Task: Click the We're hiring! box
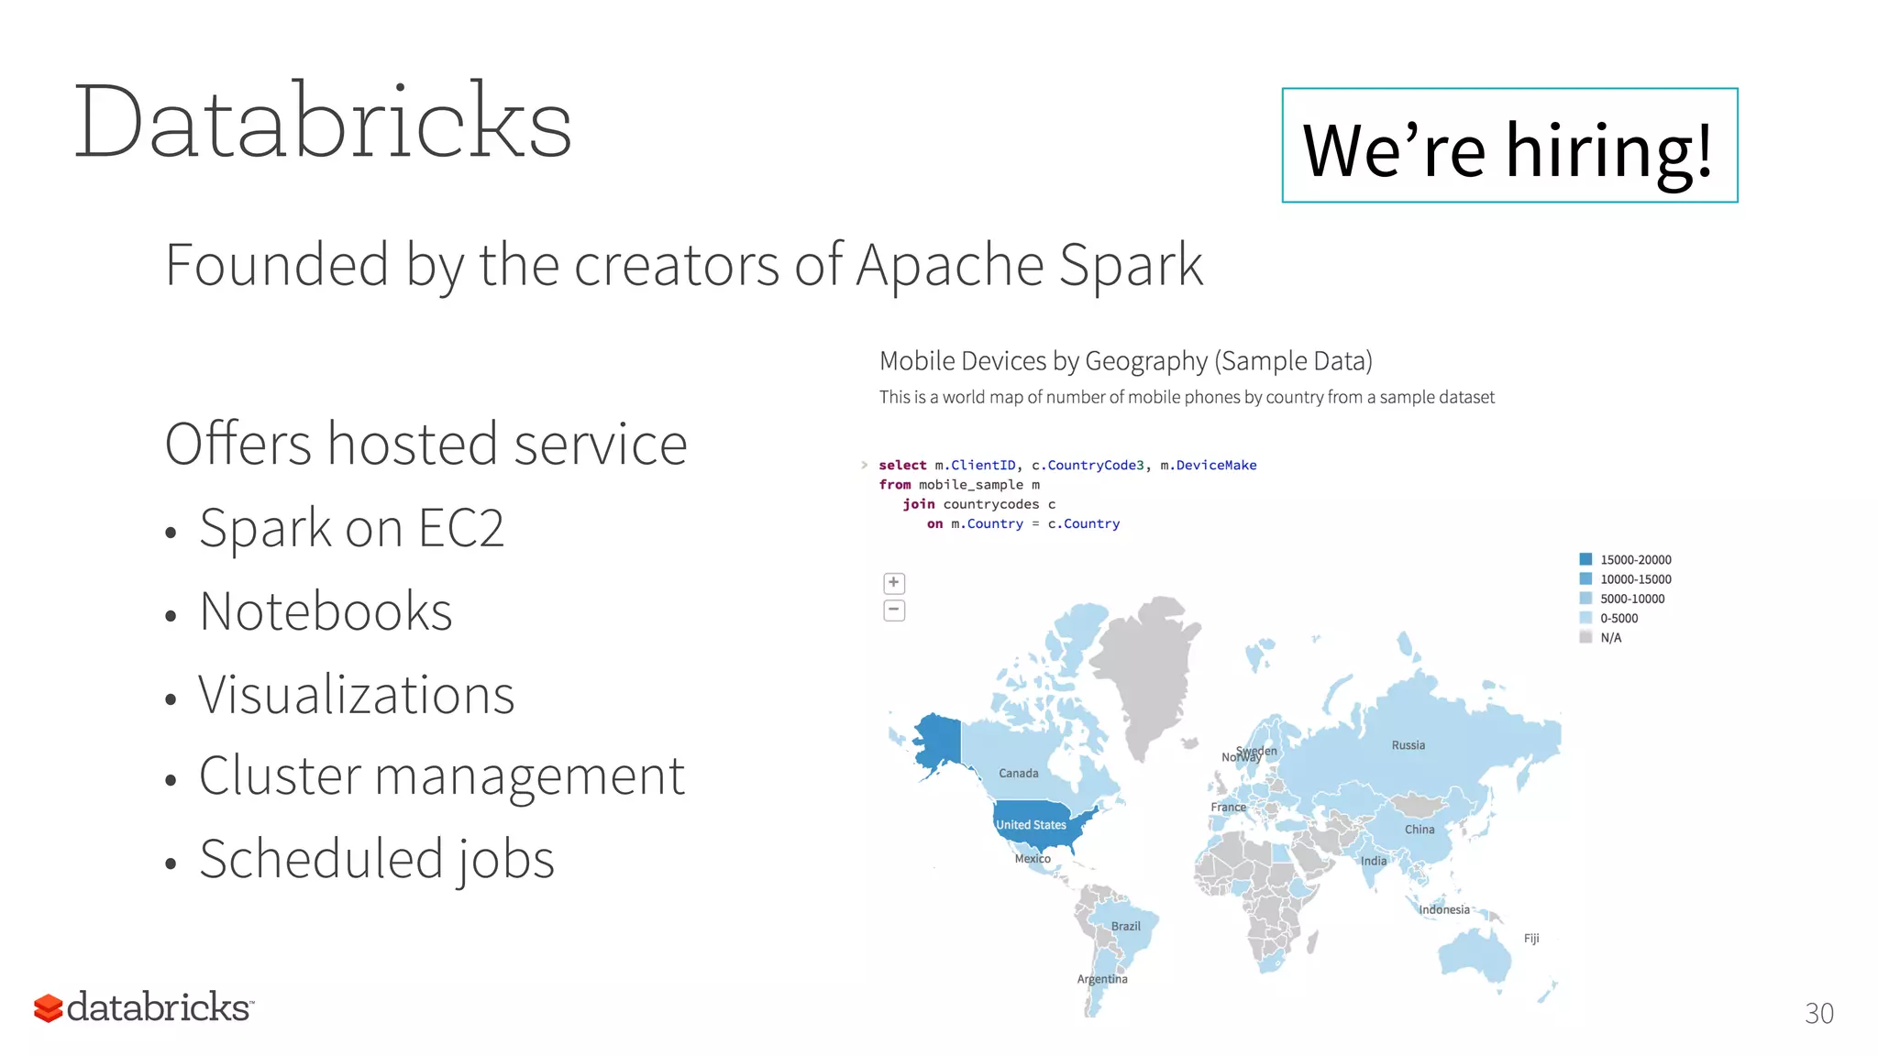point(1509,146)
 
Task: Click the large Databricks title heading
point(323,122)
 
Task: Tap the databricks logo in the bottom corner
point(144,1007)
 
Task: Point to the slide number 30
point(1818,1013)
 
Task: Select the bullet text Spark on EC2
point(351,528)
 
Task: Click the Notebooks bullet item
point(326,611)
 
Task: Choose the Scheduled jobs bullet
point(376,859)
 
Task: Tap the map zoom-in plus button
point(894,583)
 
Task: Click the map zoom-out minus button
point(894,610)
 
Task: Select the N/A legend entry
point(1610,638)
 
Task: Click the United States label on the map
point(1031,825)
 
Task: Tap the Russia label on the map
point(1408,745)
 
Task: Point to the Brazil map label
point(1125,926)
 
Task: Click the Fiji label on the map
point(1531,939)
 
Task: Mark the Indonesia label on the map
point(1443,909)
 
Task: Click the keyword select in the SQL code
point(902,466)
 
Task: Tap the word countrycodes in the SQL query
point(990,504)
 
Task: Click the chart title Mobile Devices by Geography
point(1125,361)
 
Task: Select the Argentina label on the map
point(1101,979)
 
